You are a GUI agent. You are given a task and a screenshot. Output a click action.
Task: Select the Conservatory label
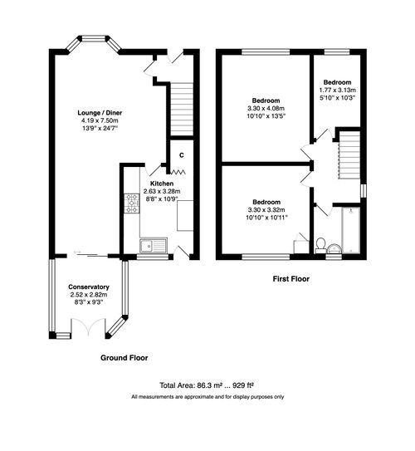point(89,287)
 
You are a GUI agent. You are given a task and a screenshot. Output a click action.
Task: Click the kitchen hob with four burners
point(131,203)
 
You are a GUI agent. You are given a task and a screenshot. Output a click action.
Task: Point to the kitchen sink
point(152,244)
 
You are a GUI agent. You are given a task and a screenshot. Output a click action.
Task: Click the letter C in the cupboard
point(182,154)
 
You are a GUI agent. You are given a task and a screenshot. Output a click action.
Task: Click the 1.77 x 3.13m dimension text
point(337,91)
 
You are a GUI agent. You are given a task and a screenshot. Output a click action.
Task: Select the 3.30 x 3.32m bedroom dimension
point(266,210)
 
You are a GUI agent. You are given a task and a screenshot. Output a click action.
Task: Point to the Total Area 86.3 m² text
point(207,385)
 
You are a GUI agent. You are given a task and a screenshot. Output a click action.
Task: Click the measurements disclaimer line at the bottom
point(207,397)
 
